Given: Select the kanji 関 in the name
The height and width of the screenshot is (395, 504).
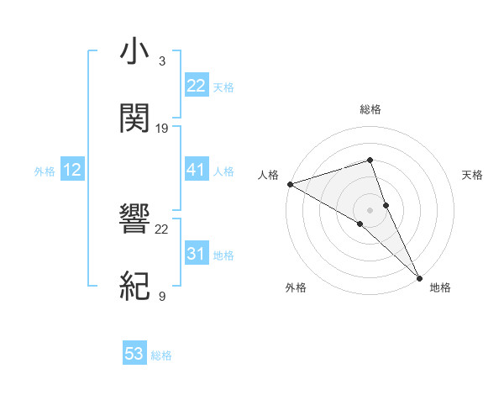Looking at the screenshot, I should pyautogui.click(x=136, y=118).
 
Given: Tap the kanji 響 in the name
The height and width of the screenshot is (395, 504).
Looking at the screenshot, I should pyautogui.click(x=136, y=221).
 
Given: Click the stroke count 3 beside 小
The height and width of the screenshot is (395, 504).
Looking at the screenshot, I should pyautogui.click(x=162, y=61).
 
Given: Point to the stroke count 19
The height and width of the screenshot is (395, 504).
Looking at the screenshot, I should pyautogui.click(x=162, y=128).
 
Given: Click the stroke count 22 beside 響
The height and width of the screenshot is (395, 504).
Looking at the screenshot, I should pyautogui.click(x=162, y=229).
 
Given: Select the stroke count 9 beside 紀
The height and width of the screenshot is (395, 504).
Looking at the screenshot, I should pyautogui.click(x=162, y=296).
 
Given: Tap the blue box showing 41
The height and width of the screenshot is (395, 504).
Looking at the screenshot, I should pyautogui.click(x=196, y=171).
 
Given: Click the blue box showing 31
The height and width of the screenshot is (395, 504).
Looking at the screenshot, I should pyautogui.click(x=196, y=254).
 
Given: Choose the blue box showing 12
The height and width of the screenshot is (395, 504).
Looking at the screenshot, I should pyautogui.click(x=72, y=171).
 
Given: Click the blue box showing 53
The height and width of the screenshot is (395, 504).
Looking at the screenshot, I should pyautogui.click(x=134, y=354).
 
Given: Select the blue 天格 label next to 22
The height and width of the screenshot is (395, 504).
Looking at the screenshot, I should pyautogui.click(x=223, y=87).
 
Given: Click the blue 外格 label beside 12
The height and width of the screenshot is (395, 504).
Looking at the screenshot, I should pyautogui.click(x=45, y=171).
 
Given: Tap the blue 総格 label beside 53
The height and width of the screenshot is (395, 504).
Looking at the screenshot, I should pyautogui.click(x=161, y=355).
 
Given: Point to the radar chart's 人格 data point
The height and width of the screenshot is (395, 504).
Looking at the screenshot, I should pyautogui.click(x=289, y=184).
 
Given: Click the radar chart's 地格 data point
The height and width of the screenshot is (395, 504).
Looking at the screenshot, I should pyautogui.click(x=419, y=276).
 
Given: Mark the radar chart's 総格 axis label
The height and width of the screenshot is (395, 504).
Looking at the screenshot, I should pyautogui.click(x=370, y=109).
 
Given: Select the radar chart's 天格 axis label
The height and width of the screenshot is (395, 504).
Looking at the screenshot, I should pyautogui.click(x=473, y=175).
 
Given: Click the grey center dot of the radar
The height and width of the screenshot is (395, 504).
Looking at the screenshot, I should pyautogui.click(x=370, y=209).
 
